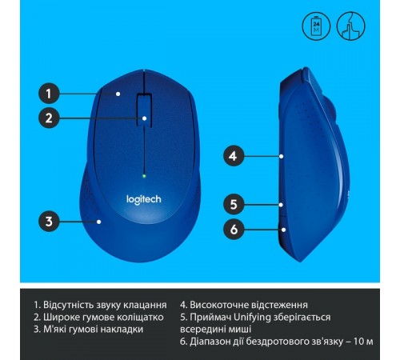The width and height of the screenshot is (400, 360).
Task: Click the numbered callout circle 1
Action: pos(49,94)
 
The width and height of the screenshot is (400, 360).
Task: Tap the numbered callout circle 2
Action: pos(49,118)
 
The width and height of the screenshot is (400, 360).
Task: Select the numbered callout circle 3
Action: pos(49,221)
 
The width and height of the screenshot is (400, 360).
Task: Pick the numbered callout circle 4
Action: pos(234,156)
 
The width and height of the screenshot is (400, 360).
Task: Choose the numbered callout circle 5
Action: pos(234,204)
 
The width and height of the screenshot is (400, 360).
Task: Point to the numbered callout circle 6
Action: pos(234,229)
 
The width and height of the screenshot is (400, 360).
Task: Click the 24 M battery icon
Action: pos(316,26)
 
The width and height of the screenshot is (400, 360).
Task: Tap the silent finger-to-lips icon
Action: pos(350,26)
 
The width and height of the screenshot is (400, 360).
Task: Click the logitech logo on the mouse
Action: pos(144,199)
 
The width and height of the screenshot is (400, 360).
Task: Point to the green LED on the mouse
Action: pos(144,176)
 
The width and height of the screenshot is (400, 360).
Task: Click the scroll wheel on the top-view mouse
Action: pos(144,110)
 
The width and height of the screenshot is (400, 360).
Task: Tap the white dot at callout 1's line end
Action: pos(118,94)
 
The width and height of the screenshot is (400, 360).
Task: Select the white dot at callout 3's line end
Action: pos(99,222)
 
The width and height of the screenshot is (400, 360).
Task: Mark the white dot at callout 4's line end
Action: pos(282,156)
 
